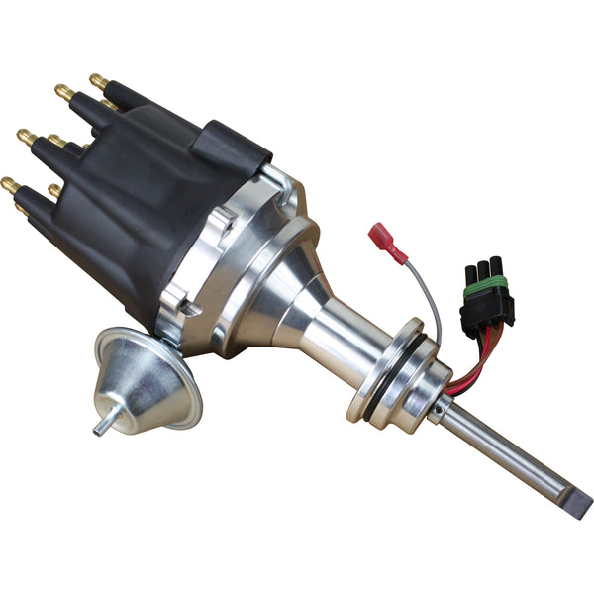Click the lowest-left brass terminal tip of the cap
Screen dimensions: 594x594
pyautogui.click(x=10, y=183)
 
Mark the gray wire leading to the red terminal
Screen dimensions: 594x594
pyautogui.click(x=428, y=297)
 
